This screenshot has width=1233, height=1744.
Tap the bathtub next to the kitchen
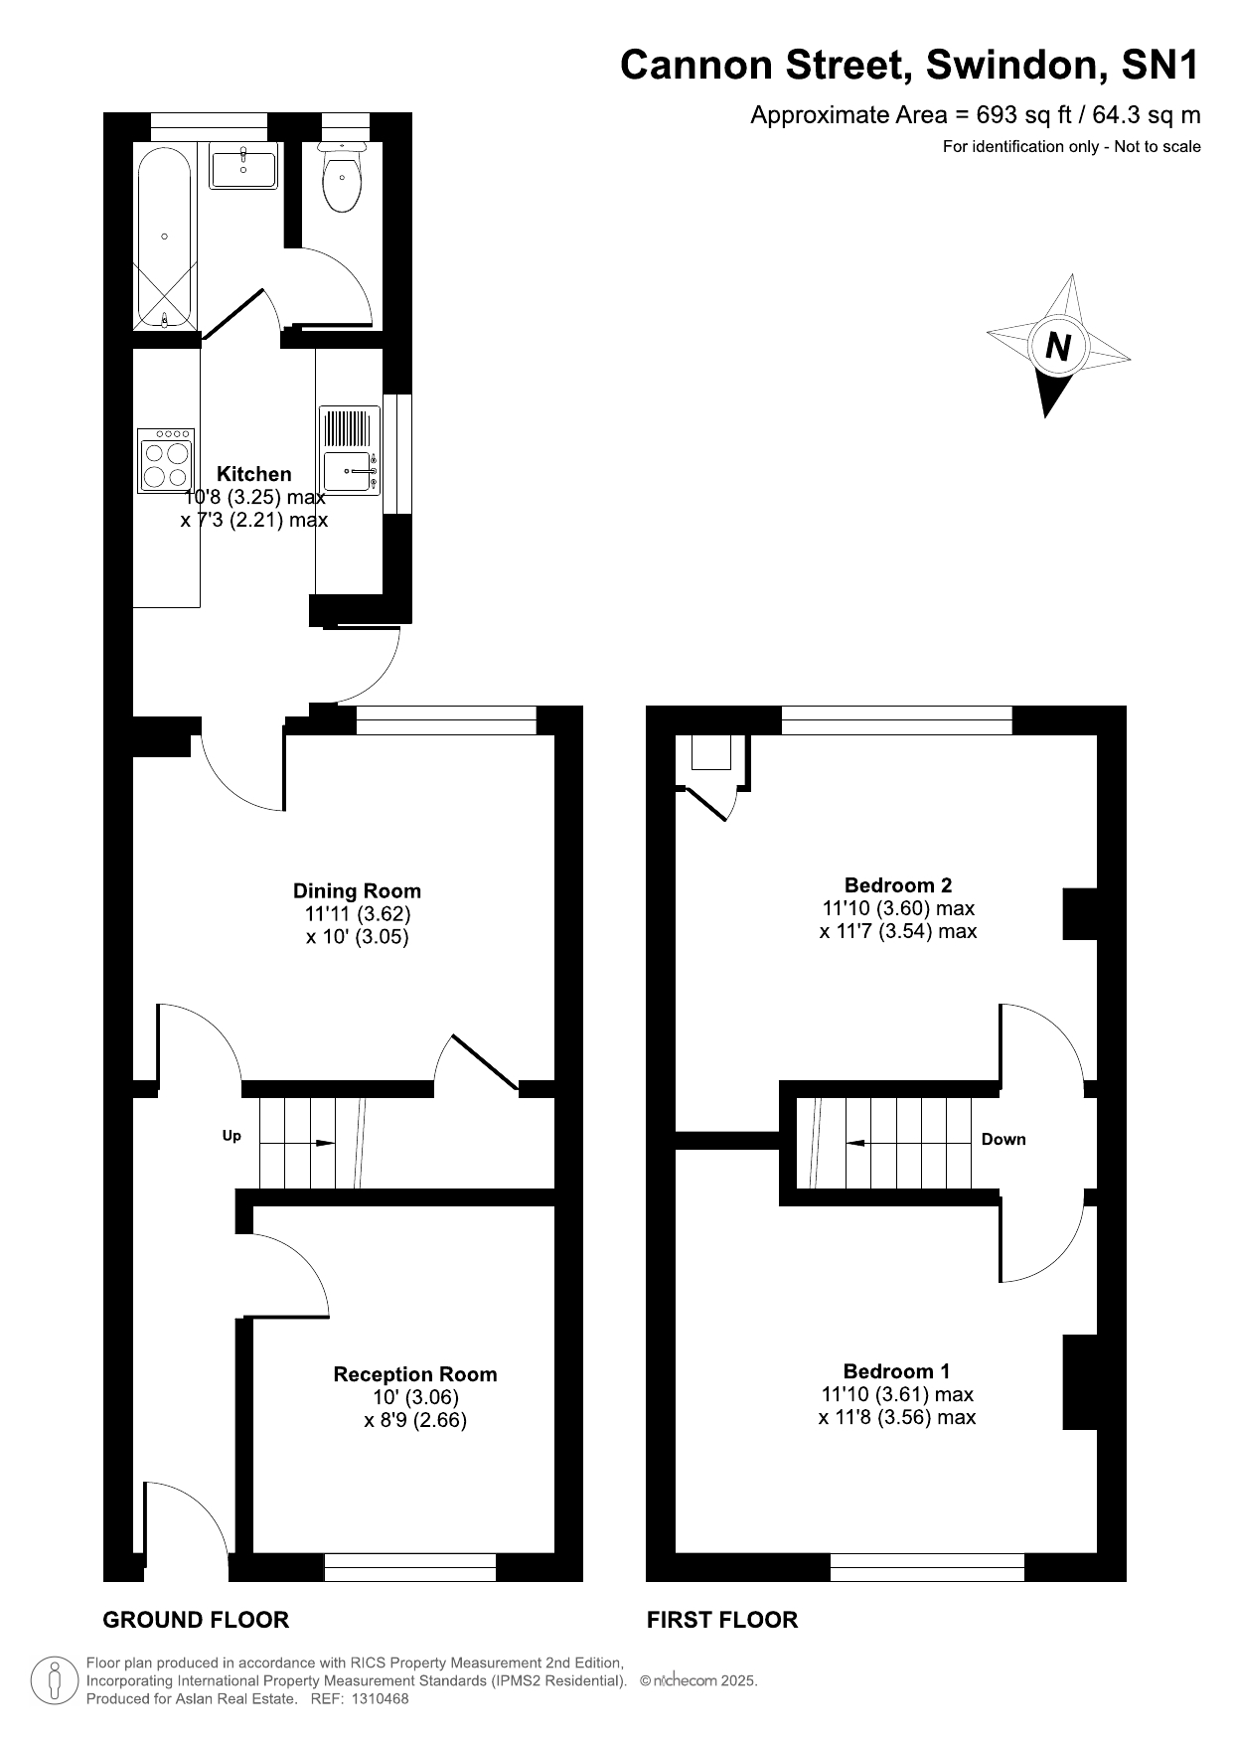click(x=164, y=239)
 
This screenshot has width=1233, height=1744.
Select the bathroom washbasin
click(x=243, y=168)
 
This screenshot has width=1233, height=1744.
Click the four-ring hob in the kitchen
click(x=165, y=460)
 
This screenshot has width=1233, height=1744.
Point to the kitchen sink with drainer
click(x=350, y=450)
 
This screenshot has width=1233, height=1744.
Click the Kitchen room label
click(x=254, y=474)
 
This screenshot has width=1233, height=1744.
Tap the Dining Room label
click(x=357, y=891)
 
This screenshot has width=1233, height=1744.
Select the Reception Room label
click(x=415, y=1374)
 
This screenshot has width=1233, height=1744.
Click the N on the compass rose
click(x=1059, y=347)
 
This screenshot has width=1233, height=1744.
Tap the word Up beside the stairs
click(x=231, y=1136)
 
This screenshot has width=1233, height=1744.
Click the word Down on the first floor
click(x=1003, y=1140)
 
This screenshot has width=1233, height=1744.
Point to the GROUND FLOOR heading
click(x=196, y=1620)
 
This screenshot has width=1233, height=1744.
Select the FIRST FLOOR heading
click(x=722, y=1620)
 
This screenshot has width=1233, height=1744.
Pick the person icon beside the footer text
click(x=56, y=1680)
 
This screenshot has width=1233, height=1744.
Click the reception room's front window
click(x=410, y=1567)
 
